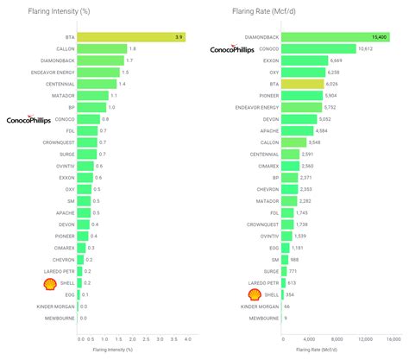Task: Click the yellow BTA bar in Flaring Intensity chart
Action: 132,38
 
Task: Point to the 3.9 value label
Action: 179,38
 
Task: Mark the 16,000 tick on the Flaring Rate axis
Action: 393,338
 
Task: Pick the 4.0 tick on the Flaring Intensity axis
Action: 187,338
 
